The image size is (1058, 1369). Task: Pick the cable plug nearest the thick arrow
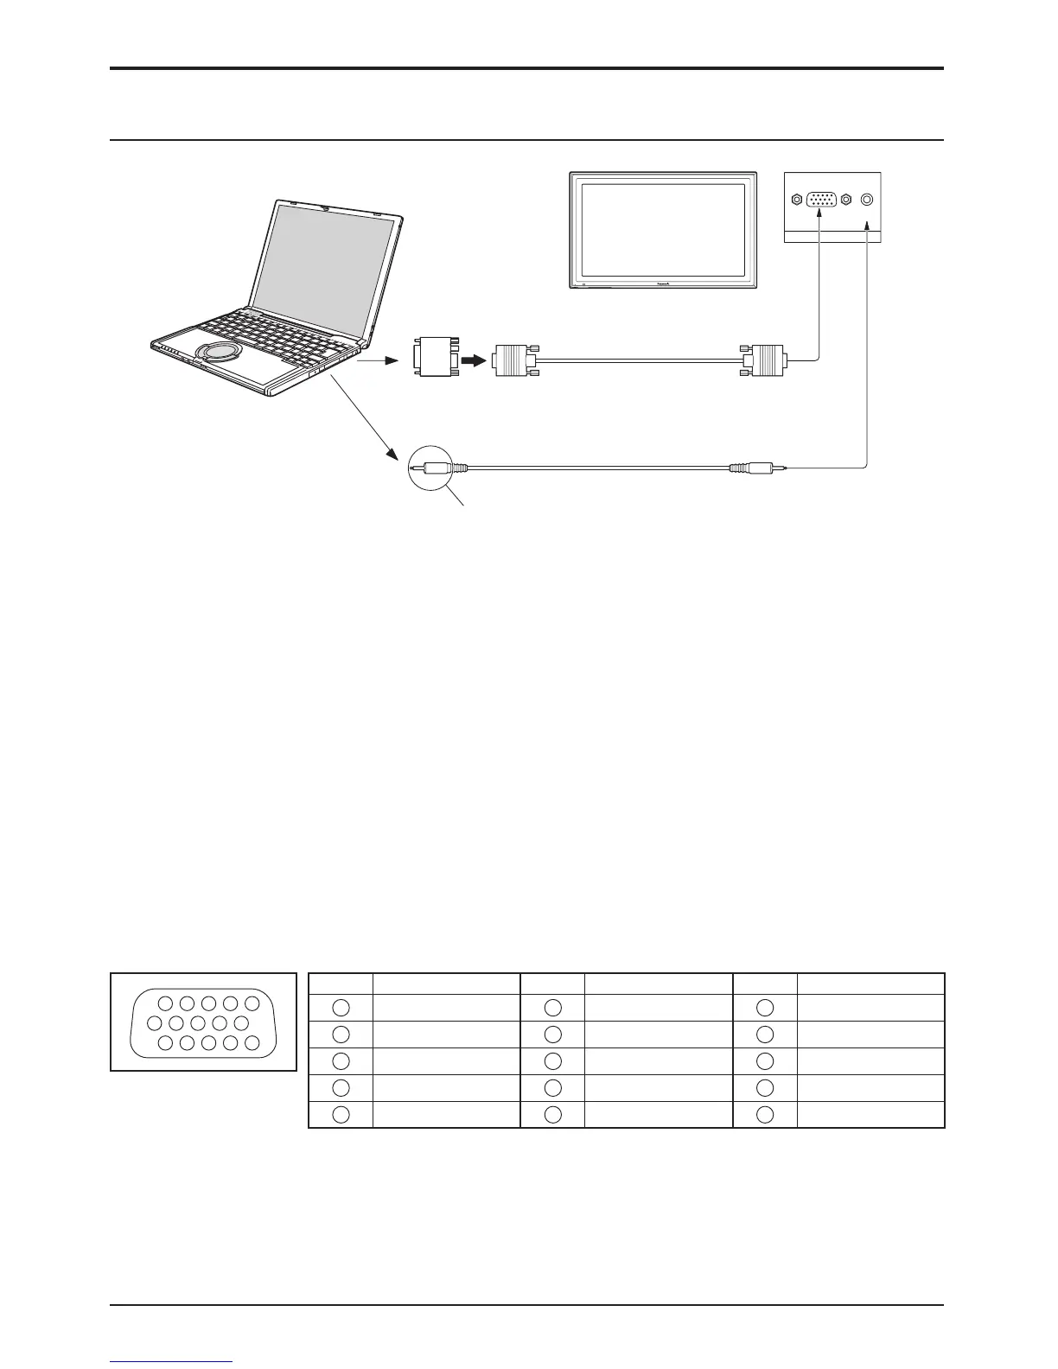[512, 360]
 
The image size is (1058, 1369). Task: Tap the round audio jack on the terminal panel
[867, 200]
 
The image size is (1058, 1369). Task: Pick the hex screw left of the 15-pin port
[796, 200]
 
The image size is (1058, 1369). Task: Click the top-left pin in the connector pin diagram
[168, 1003]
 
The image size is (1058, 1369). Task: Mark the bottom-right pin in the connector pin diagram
[252, 1042]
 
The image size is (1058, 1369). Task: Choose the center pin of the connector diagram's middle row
[199, 1023]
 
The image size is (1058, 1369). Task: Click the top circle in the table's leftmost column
[341, 1007]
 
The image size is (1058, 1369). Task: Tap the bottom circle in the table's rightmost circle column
[765, 1114]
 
